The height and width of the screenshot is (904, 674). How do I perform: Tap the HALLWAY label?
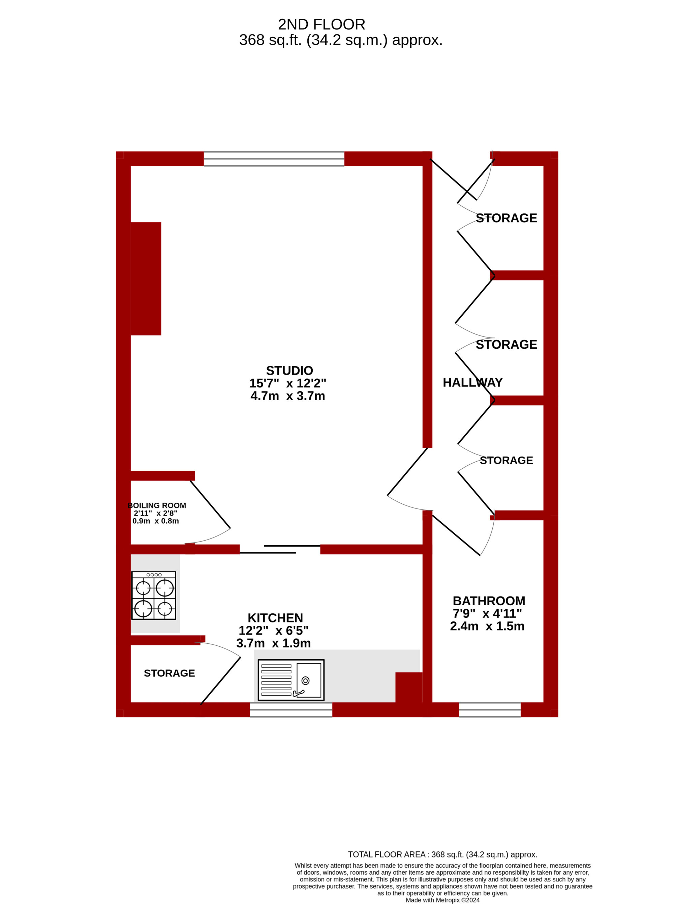click(472, 382)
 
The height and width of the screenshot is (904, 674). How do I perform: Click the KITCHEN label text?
click(275, 618)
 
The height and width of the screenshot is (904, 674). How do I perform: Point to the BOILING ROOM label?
click(157, 506)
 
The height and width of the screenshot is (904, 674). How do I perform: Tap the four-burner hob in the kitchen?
click(154, 595)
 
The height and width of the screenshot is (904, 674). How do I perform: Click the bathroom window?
click(490, 710)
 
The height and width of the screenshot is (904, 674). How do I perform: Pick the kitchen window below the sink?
click(291, 710)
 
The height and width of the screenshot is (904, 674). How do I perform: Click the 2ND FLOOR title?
click(321, 25)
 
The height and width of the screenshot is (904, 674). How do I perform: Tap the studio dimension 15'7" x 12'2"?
click(288, 383)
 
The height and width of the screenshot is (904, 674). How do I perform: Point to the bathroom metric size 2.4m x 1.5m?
click(487, 626)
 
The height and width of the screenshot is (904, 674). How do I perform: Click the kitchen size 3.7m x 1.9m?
click(273, 643)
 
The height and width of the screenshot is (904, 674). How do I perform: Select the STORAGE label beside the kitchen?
click(169, 673)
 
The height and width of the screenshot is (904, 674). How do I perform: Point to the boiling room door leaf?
click(210, 504)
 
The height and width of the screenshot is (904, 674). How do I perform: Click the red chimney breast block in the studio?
click(146, 279)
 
